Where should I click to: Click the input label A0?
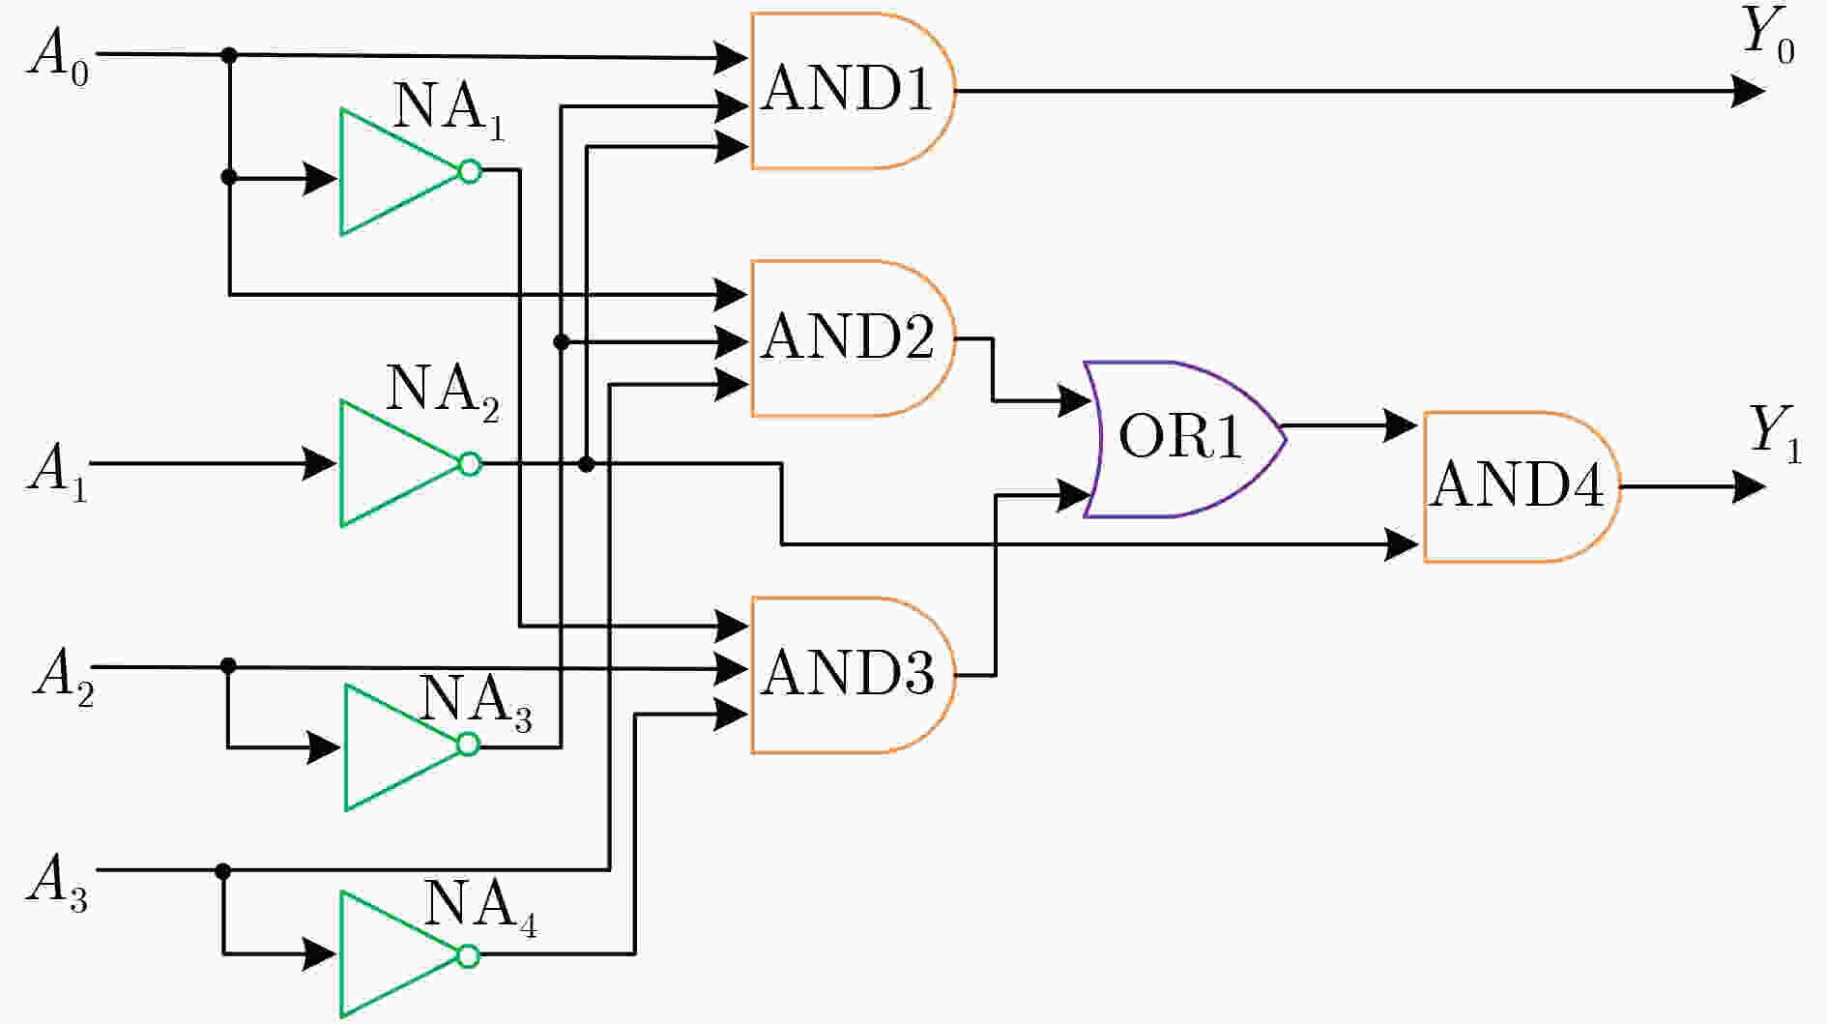click(x=59, y=56)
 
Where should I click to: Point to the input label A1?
click(x=57, y=471)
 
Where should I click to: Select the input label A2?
click(x=64, y=675)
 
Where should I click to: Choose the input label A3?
click(x=57, y=883)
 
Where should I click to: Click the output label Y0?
click(x=1768, y=35)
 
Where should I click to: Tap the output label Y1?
click(x=1775, y=433)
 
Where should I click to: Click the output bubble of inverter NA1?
click(x=470, y=172)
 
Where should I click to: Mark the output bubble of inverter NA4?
click(x=469, y=955)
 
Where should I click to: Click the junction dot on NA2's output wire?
click(x=586, y=465)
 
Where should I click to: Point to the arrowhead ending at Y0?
click(x=1748, y=92)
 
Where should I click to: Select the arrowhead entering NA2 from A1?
click(x=320, y=464)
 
